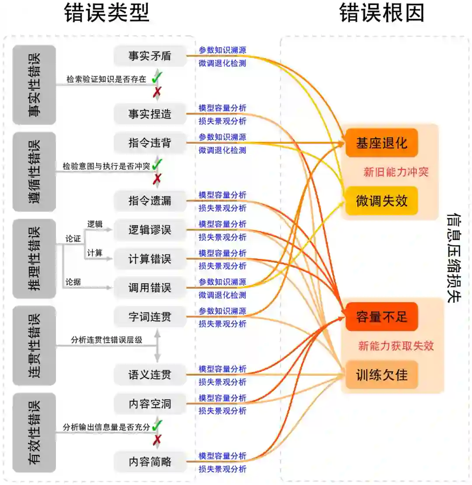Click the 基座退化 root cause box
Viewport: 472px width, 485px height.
[x=382, y=143]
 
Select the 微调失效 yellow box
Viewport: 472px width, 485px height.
[x=382, y=201]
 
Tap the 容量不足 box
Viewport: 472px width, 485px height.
[x=382, y=317]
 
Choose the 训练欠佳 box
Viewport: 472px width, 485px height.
[x=382, y=375]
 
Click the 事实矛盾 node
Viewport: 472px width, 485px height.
[x=150, y=56]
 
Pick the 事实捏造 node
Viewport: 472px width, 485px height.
[x=150, y=114]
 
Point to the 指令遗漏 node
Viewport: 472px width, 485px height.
[x=150, y=201]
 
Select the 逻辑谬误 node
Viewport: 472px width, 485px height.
[x=150, y=230]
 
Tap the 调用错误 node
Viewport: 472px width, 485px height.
[x=150, y=288]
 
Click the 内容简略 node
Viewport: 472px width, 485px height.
[x=150, y=462]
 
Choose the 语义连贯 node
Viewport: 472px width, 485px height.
[x=150, y=375]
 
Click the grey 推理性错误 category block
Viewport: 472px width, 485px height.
[x=35, y=258]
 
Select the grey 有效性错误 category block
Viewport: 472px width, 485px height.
[x=35, y=432]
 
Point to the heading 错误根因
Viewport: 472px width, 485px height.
[x=382, y=14]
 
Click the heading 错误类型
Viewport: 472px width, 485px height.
[x=107, y=14]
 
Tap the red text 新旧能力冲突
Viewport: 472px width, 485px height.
[x=396, y=172]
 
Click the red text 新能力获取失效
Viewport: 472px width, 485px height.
[x=396, y=346]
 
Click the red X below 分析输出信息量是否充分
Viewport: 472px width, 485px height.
[x=157, y=440]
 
